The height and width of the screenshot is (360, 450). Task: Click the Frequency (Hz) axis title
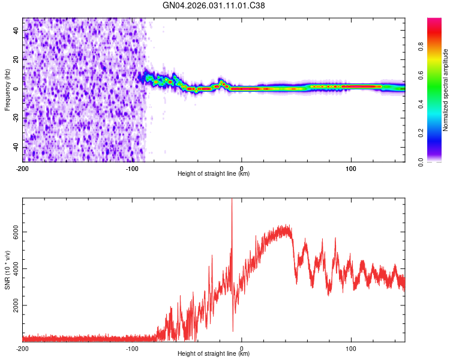click(7, 90)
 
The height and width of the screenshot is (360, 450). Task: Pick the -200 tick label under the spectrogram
click(23, 167)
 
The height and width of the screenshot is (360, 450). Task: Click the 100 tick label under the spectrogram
click(351, 167)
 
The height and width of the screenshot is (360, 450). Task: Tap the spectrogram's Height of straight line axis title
click(214, 173)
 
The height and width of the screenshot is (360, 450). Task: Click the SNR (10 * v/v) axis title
click(7, 270)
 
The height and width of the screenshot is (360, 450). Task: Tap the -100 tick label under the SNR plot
click(132, 347)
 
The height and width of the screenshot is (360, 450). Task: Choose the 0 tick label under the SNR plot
click(242, 347)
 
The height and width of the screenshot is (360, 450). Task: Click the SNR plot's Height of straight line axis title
click(214, 354)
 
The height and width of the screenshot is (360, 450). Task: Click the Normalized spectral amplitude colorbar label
click(445, 90)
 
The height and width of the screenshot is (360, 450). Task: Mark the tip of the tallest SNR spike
click(232, 199)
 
